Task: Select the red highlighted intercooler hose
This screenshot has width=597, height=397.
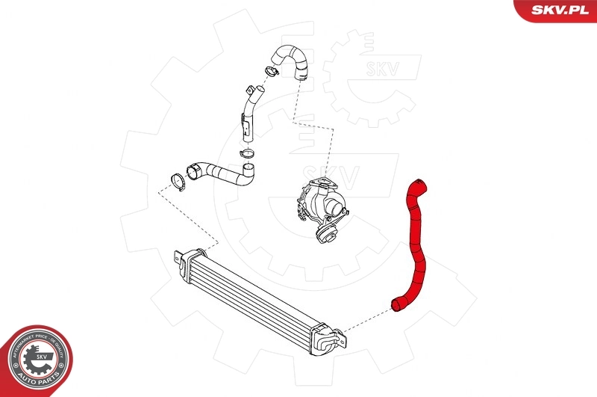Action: point(414,239)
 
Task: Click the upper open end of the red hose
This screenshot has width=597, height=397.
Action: point(416,183)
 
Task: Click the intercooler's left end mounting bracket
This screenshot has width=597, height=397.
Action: point(178,259)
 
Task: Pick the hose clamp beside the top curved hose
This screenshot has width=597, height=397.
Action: point(271,72)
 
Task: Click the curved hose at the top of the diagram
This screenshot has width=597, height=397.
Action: point(294,60)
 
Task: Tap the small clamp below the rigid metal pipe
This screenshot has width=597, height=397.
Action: point(246,155)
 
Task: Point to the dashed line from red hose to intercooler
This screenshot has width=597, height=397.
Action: point(366,318)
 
